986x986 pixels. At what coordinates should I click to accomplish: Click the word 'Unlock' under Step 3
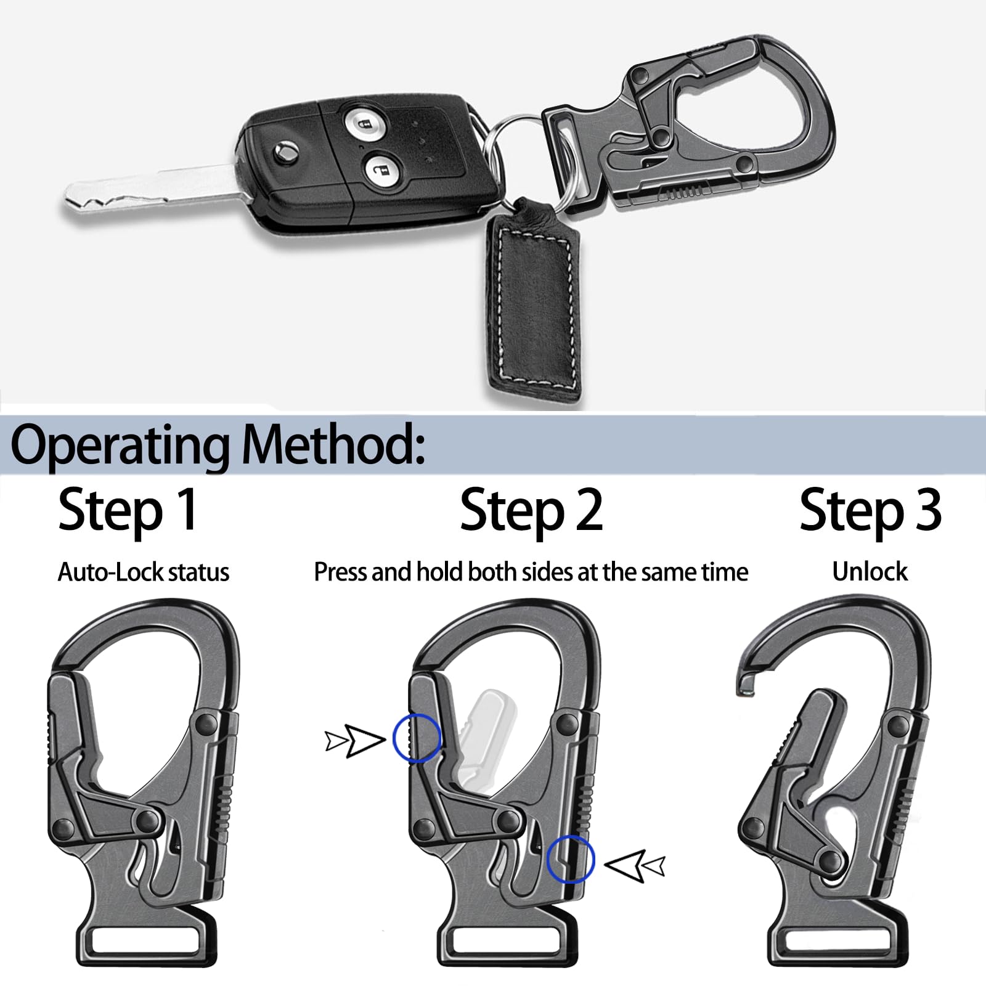[870, 572]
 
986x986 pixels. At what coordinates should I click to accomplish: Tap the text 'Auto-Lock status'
[144, 572]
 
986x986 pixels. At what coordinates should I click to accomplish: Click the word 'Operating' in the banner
[120, 446]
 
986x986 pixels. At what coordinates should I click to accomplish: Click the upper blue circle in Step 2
[417, 737]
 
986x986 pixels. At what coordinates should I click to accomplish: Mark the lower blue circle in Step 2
[571, 859]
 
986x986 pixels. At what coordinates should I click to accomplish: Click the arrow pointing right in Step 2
[354, 740]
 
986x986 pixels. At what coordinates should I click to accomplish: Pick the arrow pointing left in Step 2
[635, 866]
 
